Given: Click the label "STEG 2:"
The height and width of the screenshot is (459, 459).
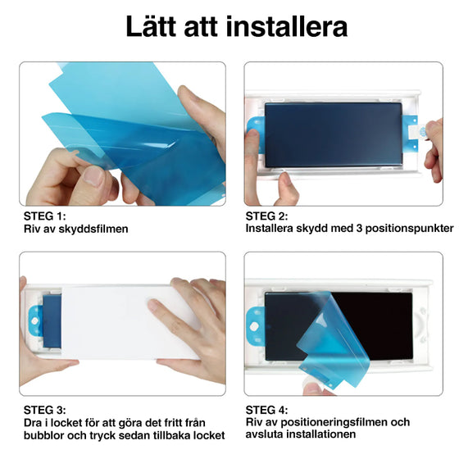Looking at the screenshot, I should pyautogui.click(x=266, y=216).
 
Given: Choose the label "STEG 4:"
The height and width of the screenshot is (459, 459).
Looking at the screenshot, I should pyautogui.click(x=266, y=407).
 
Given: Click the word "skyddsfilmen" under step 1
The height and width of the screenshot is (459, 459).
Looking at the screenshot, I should pyautogui.click(x=93, y=229).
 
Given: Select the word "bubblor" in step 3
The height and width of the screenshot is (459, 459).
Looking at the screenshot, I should pyautogui.click(x=44, y=434).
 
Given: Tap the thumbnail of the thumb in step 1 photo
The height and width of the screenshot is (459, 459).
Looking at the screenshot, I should pyautogui.click(x=95, y=175).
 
